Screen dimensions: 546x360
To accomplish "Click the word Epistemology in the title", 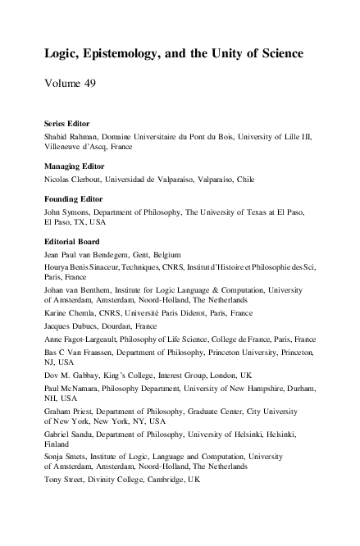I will pyautogui.click(x=124, y=54).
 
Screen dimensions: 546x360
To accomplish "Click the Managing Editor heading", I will pyautogui.click(x=74, y=166).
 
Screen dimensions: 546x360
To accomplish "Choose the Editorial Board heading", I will pyautogui.click(x=71, y=242).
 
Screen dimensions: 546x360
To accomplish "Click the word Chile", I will pyautogui.click(x=268, y=179).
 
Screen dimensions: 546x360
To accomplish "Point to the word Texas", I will pyautogui.click(x=237, y=212).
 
